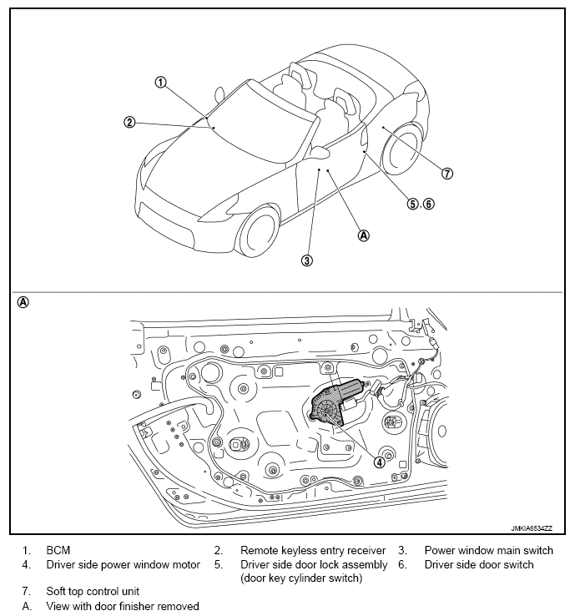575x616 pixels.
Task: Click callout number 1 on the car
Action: pos(161,83)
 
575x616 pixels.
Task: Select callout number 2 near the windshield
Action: pos(129,122)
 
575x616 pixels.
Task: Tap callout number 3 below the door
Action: pos(307,260)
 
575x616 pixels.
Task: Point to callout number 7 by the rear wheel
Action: pos(447,174)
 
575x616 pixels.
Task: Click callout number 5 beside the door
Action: pos(413,203)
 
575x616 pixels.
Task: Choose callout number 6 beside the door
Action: pos(429,203)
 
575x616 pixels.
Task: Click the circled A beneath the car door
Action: pos(363,235)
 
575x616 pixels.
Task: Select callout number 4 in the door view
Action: pos(380,462)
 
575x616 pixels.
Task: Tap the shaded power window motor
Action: pos(335,401)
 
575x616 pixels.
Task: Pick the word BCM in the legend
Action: pos(58,551)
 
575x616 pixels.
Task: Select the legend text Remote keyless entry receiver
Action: pos(313,551)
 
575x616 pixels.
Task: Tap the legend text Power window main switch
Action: pos(488,551)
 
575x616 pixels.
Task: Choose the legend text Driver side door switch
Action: pos(479,565)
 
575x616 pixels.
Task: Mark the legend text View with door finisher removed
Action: pos(123,605)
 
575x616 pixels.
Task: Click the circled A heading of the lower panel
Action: pos(23,302)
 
